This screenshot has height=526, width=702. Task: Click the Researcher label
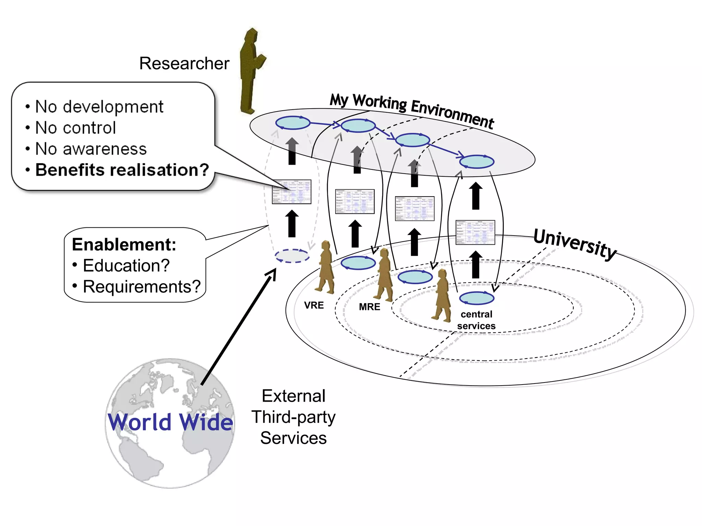(x=184, y=63)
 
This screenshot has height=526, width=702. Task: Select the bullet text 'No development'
(x=99, y=107)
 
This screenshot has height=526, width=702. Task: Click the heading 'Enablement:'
(x=124, y=245)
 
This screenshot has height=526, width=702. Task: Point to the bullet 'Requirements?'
(x=141, y=287)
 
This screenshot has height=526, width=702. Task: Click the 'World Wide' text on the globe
(x=170, y=422)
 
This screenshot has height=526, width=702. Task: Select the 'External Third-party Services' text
(x=293, y=417)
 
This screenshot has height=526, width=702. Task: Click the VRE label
(x=314, y=305)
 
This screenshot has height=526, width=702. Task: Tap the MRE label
(x=369, y=307)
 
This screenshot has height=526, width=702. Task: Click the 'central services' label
(x=476, y=320)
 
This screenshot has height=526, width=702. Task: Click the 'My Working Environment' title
(x=411, y=110)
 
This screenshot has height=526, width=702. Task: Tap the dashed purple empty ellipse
(x=292, y=256)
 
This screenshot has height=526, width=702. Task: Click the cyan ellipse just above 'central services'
(x=476, y=298)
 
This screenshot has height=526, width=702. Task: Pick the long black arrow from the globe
(x=238, y=327)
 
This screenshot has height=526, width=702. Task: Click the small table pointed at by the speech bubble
(x=292, y=192)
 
